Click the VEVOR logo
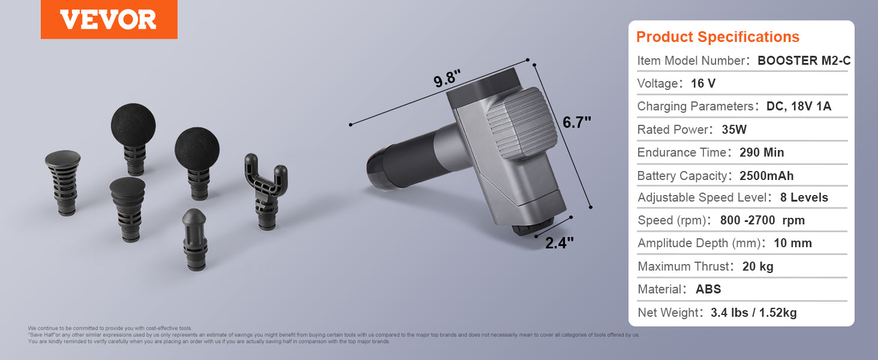pyautogui.click(x=109, y=19)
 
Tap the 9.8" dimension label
pyautogui.click(x=447, y=79)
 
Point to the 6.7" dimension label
pyautogui.click(x=576, y=122)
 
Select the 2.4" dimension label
pyautogui.click(x=560, y=243)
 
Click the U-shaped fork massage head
pyautogui.click(x=266, y=191)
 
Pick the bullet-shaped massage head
pyautogui.click(x=195, y=239)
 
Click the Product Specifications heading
pyautogui.click(x=718, y=37)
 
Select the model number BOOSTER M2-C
pyautogui.click(x=804, y=61)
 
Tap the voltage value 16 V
pyautogui.click(x=703, y=83)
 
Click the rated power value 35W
pyautogui.click(x=734, y=130)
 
